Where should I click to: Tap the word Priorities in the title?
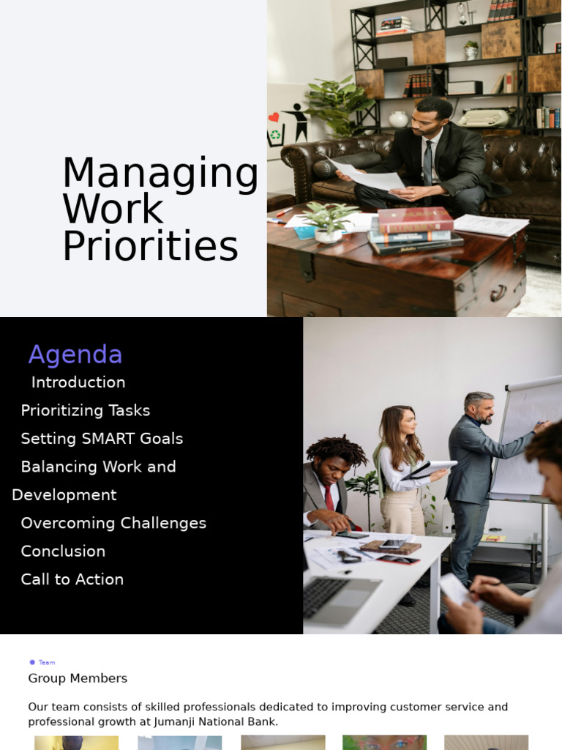(x=150, y=247)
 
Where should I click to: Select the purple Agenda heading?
(x=75, y=354)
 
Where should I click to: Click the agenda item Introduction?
(x=78, y=382)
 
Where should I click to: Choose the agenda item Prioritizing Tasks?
(x=86, y=410)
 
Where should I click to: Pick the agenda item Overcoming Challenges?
(x=113, y=523)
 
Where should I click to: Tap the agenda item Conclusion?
(x=63, y=551)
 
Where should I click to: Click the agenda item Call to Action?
(x=72, y=579)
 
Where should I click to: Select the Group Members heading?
(x=78, y=678)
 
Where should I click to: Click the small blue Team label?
(x=46, y=662)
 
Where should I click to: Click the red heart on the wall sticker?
(x=274, y=117)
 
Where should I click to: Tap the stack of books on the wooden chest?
(x=414, y=230)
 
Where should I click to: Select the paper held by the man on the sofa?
(x=370, y=176)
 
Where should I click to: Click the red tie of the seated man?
(x=329, y=498)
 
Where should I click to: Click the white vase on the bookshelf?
(x=398, y=119)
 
